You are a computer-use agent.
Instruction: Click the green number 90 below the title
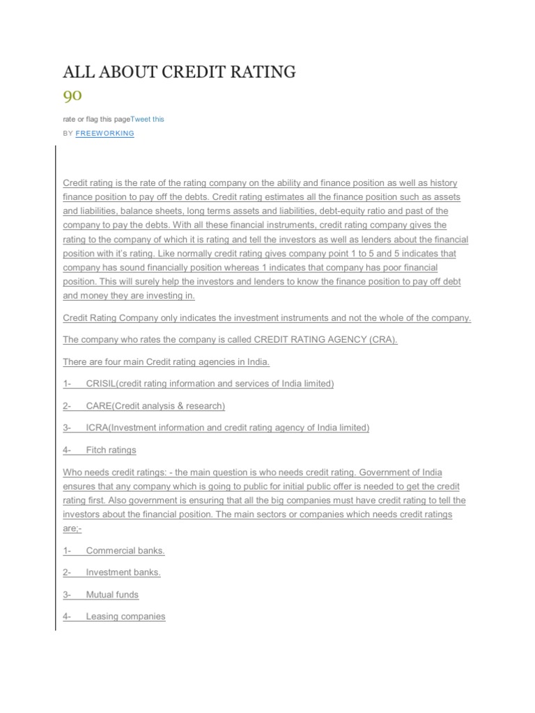pos(72,95)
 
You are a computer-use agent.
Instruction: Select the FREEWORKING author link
pos(104,133)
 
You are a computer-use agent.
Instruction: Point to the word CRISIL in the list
pos(101,384)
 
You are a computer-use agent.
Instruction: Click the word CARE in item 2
pos(99,406)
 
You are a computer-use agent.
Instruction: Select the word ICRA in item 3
pos(98,428)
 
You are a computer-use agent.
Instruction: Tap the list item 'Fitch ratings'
pos(111,450)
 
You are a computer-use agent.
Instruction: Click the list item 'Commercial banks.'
pos(125,551)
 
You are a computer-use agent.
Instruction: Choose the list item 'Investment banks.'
pos(123,572)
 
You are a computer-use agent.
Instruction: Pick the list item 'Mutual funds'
pos(112,595)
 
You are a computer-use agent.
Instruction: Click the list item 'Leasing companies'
pos(125,616)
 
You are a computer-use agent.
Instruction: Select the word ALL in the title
pos(78,72)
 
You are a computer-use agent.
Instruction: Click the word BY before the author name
pos(68,133)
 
